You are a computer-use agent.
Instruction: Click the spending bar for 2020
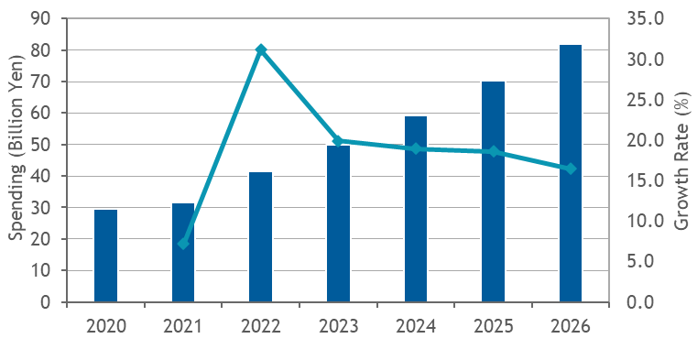tap(106, 256)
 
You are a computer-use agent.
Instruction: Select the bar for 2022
tap(260, 237)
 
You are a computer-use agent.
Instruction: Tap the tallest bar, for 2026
tap(571, 173)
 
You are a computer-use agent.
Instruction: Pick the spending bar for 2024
tap(416, 209)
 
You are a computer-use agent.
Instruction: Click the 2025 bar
tap(494, 191)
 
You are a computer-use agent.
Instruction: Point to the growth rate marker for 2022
tap(261, 49)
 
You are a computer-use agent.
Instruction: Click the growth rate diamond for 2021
tap(183, 243)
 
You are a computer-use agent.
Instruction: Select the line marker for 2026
tap(571, 169)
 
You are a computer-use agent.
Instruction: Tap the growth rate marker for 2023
tap(338, 141)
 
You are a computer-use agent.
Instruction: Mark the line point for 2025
tap(494, 152)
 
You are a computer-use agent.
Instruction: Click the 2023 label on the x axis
tap(338, 327)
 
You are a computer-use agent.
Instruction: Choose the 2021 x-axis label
tap(182, 327)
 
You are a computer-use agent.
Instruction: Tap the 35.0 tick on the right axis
tap(646, 19)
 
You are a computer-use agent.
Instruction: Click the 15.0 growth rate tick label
tap(646, 180)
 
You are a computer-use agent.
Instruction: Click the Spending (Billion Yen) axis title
tap(16, 147)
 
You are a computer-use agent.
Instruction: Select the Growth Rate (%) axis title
tap(682, 160)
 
